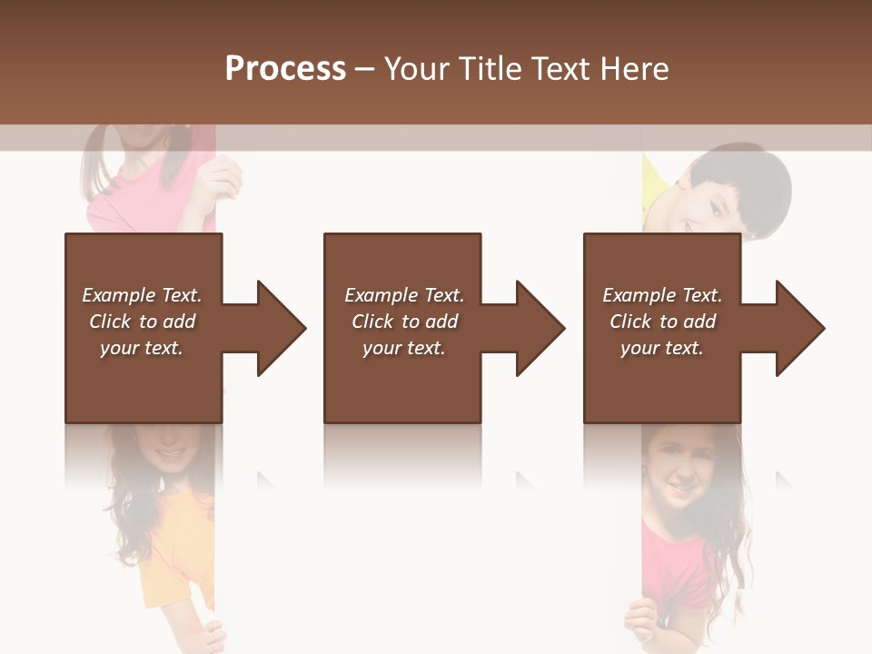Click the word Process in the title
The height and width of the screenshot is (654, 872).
tap(285, 68)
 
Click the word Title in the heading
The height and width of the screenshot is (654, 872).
tap(490, 68)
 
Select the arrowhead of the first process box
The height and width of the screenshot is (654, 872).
tap(282, 328)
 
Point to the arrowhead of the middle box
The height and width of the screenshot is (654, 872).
tap(540, 328)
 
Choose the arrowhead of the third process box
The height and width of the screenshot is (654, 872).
tap(800, 328)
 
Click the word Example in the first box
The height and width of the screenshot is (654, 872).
tap(119, 295)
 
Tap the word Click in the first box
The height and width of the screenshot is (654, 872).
tap(111, 322)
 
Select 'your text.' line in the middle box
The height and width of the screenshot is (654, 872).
tap(403, 348)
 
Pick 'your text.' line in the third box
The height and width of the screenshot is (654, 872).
tap(661, 348)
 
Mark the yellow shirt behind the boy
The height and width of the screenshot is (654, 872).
tap(655, 186)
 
